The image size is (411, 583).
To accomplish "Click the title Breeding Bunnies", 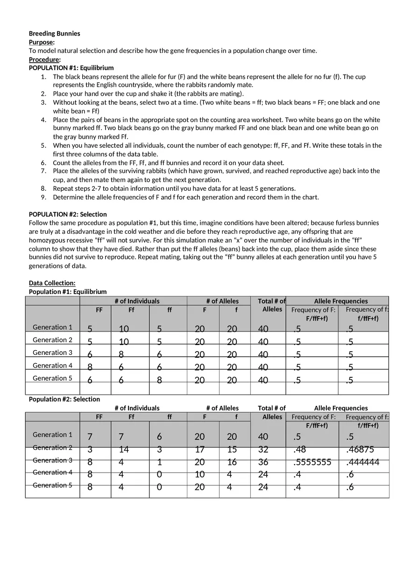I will (x=54, y=34).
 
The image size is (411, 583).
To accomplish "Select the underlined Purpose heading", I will (x=41, y=42).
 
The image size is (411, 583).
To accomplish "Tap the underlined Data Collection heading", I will (x=52, y=283).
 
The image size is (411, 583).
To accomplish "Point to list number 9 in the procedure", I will (x=43, y=197).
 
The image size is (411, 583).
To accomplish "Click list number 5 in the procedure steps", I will (x=43, y=145).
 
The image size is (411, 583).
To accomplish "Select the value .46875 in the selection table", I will (x=360, y=450).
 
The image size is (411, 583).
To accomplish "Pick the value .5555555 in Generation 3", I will (x=312, y=462).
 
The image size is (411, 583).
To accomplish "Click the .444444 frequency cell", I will (x=362, y=462).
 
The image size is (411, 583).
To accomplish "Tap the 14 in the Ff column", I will (x=123, y=450).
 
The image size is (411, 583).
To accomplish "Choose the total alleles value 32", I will (x=263, y=450).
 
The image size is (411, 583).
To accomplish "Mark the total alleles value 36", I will (x=263, y=462).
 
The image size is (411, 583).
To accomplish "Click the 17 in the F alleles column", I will (x=199, y=450).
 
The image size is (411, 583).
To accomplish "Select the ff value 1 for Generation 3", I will (x=159, y=462).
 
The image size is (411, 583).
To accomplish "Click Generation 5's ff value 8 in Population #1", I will (x=159, y=381).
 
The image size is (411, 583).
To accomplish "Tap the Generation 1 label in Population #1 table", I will (x=52, y=327).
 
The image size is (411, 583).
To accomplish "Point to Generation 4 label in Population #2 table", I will (x=52, y=472).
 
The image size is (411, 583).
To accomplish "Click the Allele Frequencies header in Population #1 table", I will (x=340, y=301).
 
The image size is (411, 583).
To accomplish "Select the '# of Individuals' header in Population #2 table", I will (x=137, y=408).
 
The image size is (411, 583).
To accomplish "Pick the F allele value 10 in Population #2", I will (x=199, y=475).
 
